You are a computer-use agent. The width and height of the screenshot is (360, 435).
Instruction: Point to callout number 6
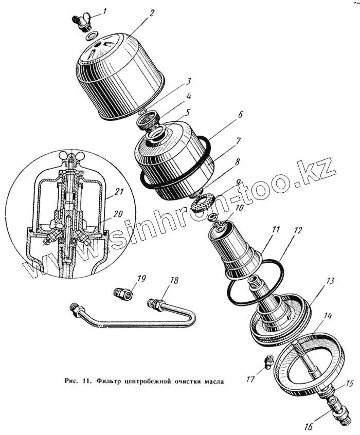[x=240, y=114]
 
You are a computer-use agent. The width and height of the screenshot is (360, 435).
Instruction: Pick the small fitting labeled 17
[x=268, y=362]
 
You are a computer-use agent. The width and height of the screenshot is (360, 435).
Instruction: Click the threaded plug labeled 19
[x=123, y=294]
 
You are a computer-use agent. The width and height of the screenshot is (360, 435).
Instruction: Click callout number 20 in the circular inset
[x=119, y=214]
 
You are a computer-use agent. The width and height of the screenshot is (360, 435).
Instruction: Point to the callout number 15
[x=349, y=384]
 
